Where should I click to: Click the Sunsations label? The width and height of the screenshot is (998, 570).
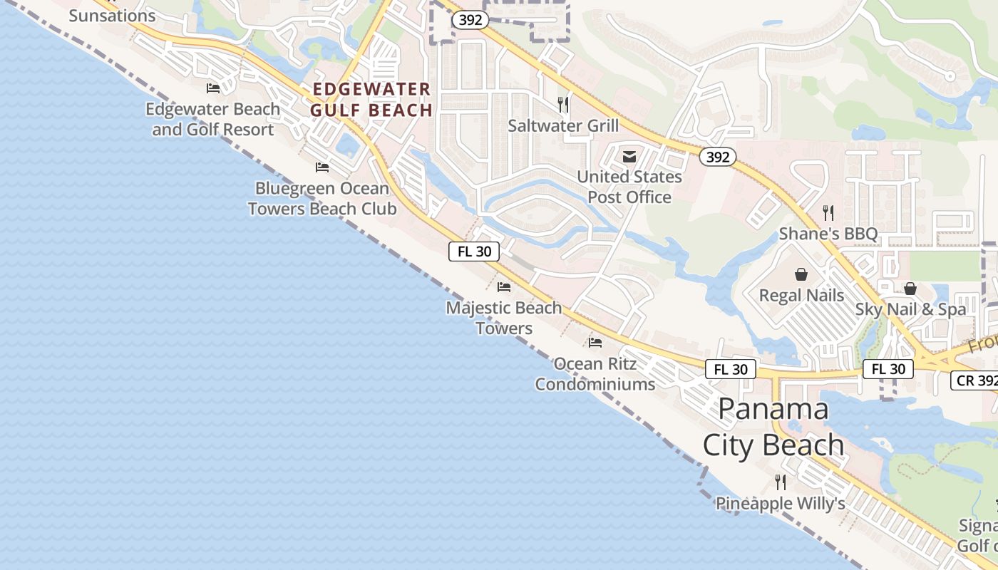tap(112, 15)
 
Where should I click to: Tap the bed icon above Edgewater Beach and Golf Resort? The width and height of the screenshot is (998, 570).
tap(213, 88)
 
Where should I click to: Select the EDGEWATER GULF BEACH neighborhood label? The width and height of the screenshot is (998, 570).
tap(371, 100)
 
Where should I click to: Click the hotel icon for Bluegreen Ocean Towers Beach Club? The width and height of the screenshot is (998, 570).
tap(322, 167)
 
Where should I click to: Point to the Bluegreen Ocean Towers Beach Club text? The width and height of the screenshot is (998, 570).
tap(322, 199)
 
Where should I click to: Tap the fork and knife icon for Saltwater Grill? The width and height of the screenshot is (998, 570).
tap(563, 105)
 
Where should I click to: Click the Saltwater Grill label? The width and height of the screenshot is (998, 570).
tap(563, 126)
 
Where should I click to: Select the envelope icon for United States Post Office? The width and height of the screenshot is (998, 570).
tap(629, 156)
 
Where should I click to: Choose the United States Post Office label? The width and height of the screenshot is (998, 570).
tap(629, 187)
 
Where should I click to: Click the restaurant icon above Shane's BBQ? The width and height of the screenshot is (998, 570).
tap(828, 212)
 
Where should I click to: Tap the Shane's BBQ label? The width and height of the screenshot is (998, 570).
tap(828, 234)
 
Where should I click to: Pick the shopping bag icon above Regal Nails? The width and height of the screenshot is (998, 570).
tap(801, 274)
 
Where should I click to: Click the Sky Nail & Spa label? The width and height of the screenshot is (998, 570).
tap(910, 309)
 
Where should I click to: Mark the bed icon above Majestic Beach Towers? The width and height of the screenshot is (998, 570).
tap(504, 287)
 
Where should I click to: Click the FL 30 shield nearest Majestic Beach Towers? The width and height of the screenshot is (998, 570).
tap(473, 251)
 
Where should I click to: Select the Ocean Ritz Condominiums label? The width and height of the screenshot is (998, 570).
tap(595, 374)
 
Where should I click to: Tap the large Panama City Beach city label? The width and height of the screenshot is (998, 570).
tap(773, 427)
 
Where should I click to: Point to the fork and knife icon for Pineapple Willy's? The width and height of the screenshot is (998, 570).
tap(781, 482)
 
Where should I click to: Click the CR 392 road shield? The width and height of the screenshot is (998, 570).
tap(975, 380)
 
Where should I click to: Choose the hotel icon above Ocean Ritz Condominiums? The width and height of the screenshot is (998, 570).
tap(595, 343)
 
